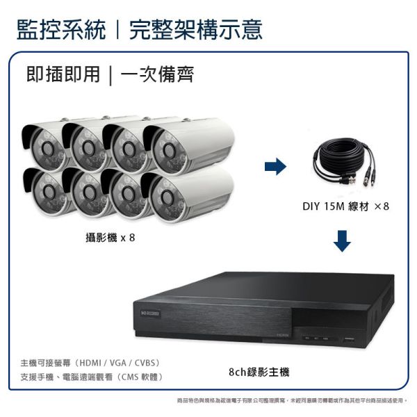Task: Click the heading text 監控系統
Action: [x=61, y=29]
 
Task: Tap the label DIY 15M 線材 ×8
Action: [x=341, y=206]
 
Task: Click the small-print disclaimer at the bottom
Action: [x=292, y=401]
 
